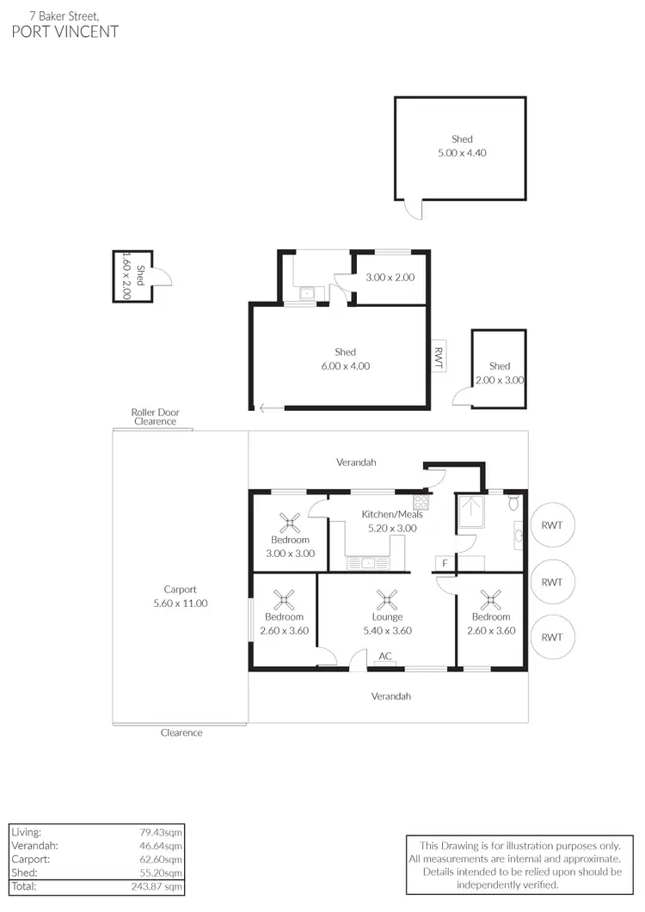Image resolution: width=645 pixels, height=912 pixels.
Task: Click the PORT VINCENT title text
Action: (x=65, y=32)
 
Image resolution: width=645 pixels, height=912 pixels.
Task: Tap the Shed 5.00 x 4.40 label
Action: (x=462, y=146)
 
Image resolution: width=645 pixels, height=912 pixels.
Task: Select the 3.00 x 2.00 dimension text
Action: (x=390, y=278)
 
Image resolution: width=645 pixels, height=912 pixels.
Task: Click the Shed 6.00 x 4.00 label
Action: (x=345, y=359)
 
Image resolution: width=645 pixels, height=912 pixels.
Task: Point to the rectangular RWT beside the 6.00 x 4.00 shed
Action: (x=437, y=357)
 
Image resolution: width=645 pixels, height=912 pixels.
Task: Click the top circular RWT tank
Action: (x=551, y=525)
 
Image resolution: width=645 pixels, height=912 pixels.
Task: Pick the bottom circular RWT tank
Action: (x=551, y=637)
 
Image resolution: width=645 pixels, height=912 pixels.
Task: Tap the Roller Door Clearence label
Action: (x=155, y=417)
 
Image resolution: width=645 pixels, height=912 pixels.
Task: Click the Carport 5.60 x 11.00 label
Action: (x=181, y=597)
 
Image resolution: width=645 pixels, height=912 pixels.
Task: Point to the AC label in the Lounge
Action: (x=385, y=657)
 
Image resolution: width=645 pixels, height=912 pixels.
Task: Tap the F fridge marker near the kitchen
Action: (x=445, y=563)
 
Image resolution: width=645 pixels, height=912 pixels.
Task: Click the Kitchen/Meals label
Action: (x=391, y=515)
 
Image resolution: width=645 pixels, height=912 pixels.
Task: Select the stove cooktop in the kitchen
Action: (x=421, y=500)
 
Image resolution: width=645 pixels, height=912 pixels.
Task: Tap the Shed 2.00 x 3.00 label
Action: (x=500, y=373)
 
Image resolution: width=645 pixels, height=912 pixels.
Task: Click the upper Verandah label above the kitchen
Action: (x=356, y=462)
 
